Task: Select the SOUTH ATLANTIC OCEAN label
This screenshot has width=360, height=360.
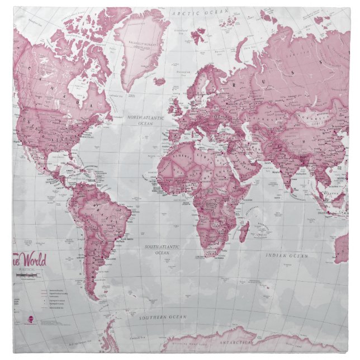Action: [x=162, y=249]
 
